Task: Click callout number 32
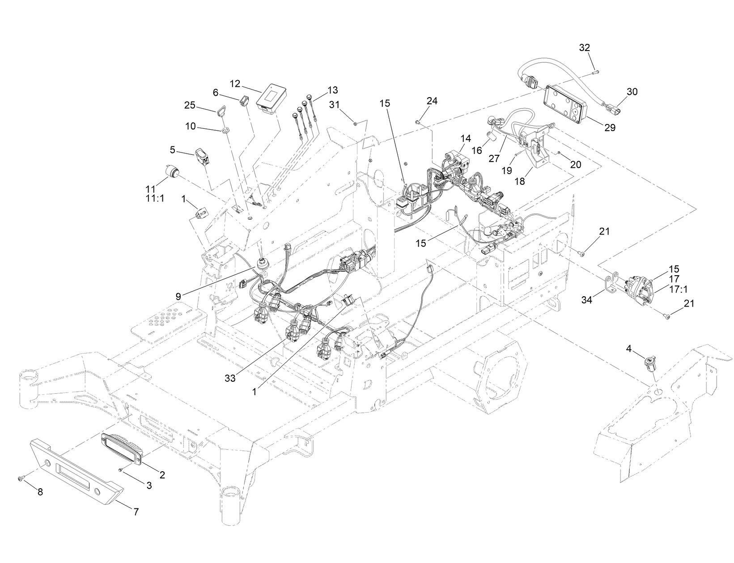585,47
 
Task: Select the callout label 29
610,128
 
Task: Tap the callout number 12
235,84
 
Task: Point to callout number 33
230,377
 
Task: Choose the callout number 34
586,300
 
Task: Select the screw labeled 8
21,479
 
